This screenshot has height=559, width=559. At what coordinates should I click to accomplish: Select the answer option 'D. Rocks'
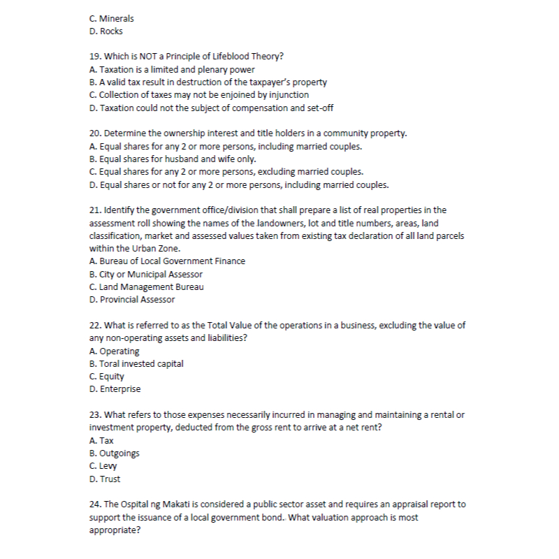[106, 31]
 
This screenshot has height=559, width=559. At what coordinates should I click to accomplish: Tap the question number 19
[96, 57]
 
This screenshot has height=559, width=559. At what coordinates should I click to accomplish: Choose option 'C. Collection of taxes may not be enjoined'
[199, 94]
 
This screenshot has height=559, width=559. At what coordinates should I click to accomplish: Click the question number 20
[96, 133]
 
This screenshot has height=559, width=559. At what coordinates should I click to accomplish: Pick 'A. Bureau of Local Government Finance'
[168, 261]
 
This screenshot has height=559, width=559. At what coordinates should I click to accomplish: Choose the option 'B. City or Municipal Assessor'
[146, 274]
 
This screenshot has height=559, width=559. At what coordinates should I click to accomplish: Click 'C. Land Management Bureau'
[147, 286]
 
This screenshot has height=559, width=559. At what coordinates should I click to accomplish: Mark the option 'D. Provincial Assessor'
[132, 300]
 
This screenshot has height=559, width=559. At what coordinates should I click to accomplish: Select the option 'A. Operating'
[115, 351]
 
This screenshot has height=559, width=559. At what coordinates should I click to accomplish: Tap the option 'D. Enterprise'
[115, 389]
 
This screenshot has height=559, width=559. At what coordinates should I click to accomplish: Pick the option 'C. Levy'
[104, 466]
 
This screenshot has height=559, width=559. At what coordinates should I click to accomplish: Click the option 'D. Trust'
[105, 479]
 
